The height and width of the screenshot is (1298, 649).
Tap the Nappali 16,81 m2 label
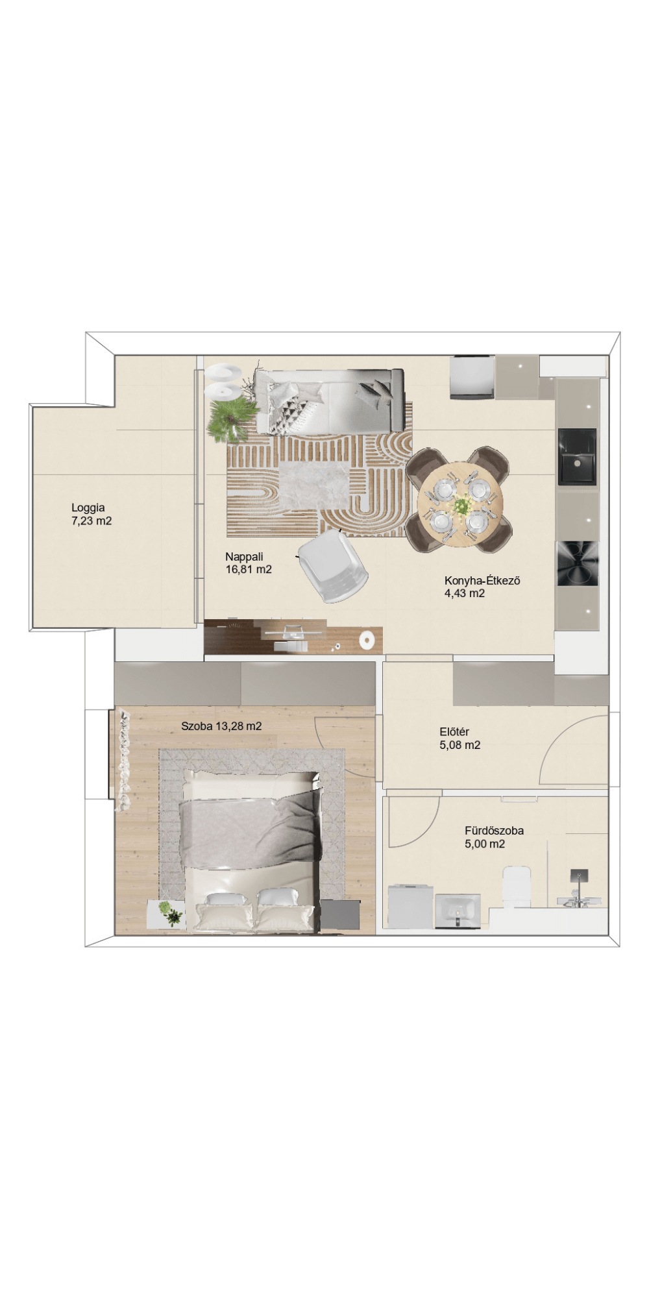click(248, 563)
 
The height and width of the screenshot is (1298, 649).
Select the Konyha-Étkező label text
click(482, 580)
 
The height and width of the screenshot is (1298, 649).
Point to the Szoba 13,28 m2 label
click(221, 726)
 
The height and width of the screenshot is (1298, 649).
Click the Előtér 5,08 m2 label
click(459, 739)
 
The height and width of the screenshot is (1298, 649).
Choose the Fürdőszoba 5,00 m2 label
click(494, 837)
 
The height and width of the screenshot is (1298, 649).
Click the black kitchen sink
click(577, 456)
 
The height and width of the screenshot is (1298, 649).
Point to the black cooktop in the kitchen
click(577, 563)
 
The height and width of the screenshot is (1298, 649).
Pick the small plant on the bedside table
click(171, 912)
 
